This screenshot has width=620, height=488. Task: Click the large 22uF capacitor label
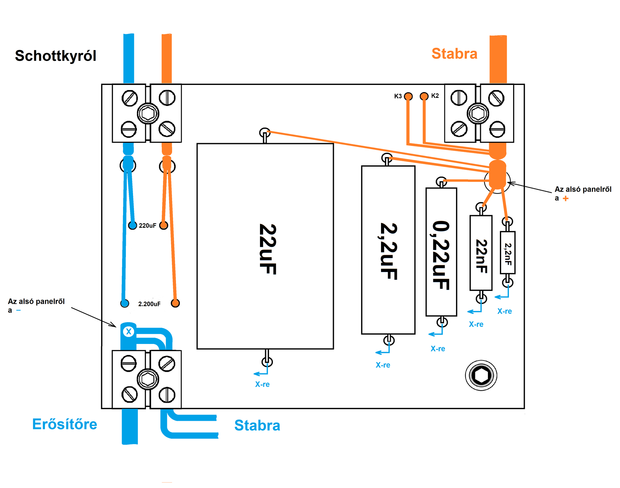(267, 249)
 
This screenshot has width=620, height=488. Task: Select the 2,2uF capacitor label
(388, 251)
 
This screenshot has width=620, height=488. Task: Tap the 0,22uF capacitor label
(441, 255)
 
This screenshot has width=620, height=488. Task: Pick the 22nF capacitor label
(481, 256)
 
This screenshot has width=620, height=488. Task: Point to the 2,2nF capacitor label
(508, 254)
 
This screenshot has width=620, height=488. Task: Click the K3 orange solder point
(408, 96)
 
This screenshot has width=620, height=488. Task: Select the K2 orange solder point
(424, 96)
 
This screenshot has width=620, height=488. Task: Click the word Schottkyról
(56, 56)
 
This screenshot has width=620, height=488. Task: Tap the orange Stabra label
(454, 54)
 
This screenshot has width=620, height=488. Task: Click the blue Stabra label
(257, 425)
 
